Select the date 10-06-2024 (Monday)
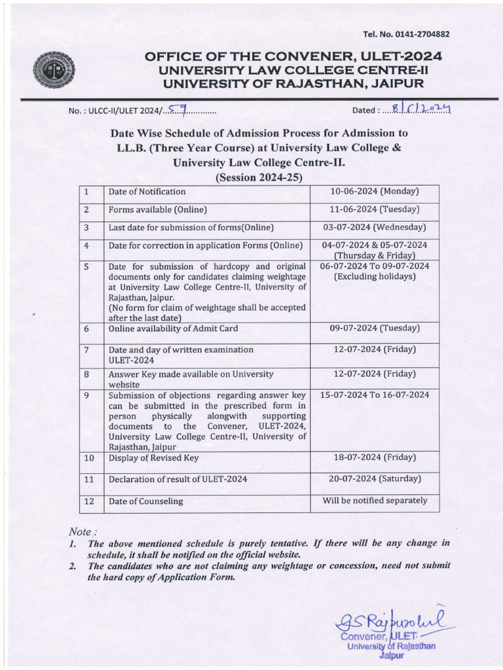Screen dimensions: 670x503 coord(375,192)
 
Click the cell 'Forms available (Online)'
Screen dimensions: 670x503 coord(158,210)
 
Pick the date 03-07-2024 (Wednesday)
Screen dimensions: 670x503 coord(375,228)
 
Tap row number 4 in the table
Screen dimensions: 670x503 coord(86,245)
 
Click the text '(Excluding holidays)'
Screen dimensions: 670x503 coord(375,277)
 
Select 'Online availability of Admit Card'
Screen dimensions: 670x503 coord(174,328)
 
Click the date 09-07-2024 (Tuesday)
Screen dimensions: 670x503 coord(375,328)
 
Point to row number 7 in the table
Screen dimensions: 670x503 coord(86,350)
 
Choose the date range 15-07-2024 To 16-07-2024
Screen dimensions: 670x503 coord(375,395)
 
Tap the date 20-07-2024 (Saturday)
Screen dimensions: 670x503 coord(375,479)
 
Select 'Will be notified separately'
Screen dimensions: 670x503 coord(375,501)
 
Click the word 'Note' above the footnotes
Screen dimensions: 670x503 coord(81,531)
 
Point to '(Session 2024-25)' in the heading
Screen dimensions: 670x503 coord(259,177)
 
